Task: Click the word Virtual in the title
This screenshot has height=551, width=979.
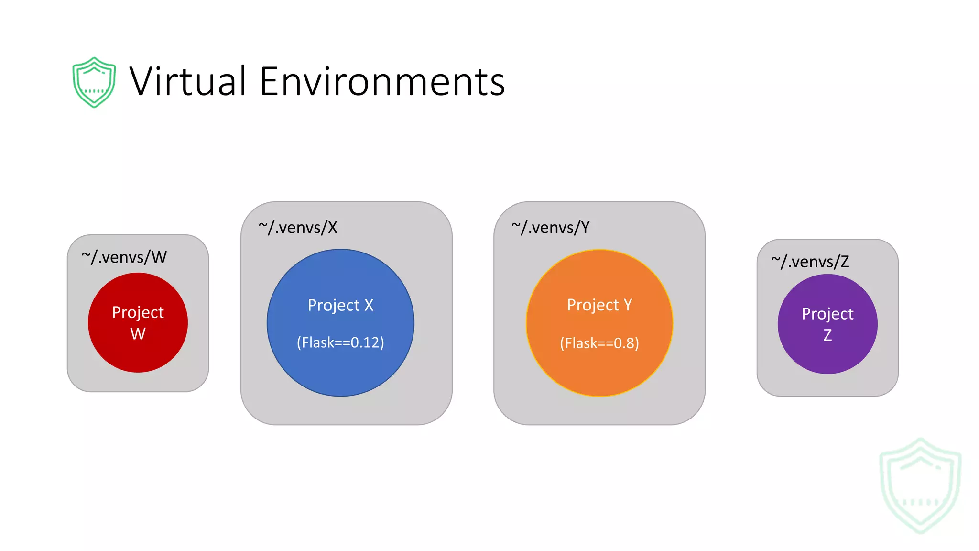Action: coord(187,81)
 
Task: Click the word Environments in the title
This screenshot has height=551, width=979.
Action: coord(382,81)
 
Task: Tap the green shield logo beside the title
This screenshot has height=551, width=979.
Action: coord(94,82)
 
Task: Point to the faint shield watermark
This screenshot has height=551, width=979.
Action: coord(920,485)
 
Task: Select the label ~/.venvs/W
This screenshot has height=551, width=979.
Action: coord(124,257)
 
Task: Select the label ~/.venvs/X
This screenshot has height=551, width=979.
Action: coord(298,228)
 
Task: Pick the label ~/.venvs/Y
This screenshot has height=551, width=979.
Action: coord(551,228)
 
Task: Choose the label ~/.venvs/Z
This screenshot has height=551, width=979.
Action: coord(810,262)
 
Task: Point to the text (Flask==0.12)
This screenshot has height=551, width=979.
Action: coord(340,342)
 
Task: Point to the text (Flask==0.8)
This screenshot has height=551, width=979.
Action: coord(599,343)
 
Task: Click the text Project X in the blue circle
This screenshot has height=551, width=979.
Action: coord(340,305)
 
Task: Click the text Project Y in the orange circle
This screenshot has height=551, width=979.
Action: coord(599,305)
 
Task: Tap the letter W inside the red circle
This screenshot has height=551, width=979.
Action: coord(138,333)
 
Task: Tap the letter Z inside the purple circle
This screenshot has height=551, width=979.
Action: coord(827,335)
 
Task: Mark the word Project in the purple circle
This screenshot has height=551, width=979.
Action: coord(827,314)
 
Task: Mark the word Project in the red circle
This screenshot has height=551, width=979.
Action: coord(138,312)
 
